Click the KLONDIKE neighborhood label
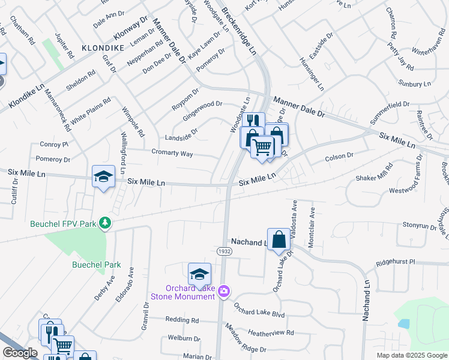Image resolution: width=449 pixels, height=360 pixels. pos(103,47)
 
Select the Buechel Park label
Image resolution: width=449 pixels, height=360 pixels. pos(96,265)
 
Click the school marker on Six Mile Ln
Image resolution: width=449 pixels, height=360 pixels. pos(104,177)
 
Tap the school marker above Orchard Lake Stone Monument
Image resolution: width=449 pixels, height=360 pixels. pos(199,274)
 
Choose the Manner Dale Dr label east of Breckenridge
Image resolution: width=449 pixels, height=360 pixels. pos(299,107)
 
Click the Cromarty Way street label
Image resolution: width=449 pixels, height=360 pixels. pos(172,154)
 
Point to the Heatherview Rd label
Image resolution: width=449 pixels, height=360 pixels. pos(270,332)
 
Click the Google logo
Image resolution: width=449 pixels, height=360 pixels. pos(20,353)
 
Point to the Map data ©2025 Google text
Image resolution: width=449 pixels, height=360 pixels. pos(411,355)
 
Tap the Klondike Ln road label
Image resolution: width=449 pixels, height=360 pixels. pos(27,96)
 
